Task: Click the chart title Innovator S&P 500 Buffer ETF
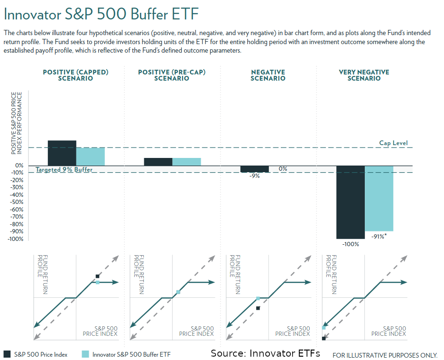point(101,14)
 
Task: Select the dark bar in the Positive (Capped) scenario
point(62,153)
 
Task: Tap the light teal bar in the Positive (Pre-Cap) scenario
point(186,162)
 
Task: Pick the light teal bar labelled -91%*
point(379,198)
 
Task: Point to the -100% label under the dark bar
point(351,244)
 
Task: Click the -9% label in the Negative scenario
point(254,176)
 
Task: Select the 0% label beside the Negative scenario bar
point(283,169)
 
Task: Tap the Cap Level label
point(393,143)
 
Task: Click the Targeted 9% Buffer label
point(65,170)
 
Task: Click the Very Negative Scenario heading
point(364,75)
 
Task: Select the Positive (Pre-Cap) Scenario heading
point(172,75)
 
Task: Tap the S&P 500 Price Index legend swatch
point(7,354)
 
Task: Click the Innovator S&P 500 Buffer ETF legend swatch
point(85,354)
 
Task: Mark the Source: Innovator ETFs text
point(265,353)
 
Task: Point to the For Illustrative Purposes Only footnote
point(385,355)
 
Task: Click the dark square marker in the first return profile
point(97,276)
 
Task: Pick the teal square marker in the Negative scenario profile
point(258,298)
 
